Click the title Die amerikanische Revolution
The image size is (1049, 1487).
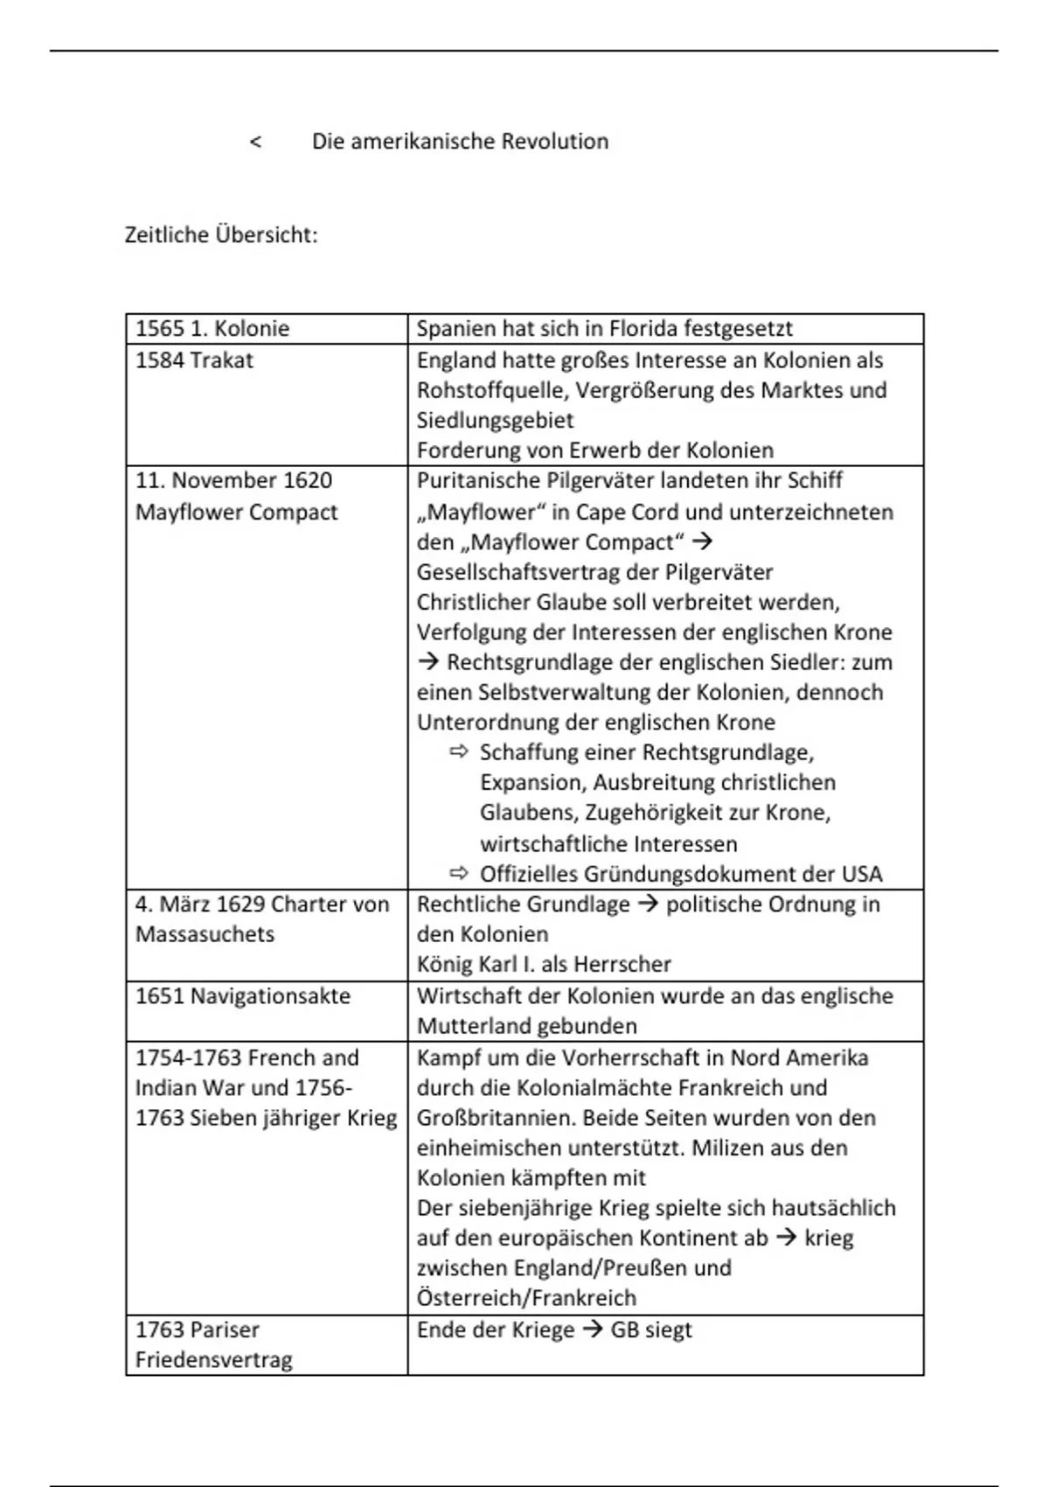click(x=460, y=142)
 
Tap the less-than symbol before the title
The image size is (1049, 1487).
click(x=255, y=142)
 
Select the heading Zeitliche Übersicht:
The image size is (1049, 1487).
click(x=221, y=235)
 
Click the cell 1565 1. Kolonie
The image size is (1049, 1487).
click(x=212, y=329)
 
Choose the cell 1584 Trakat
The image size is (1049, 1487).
click(x=194, y=360)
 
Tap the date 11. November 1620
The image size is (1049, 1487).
click(x=233, y=480)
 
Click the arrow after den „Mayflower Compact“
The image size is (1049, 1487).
click(x=701, y=541)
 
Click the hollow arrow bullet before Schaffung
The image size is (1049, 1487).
click(x=459, y=751)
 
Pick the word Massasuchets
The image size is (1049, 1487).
click(x=205, y=934)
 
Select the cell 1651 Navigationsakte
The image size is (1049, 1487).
click(x=243, y=996)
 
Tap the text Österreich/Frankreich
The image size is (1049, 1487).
click(x=526, y=1298)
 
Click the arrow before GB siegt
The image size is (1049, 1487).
click(x=593, y=1330)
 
